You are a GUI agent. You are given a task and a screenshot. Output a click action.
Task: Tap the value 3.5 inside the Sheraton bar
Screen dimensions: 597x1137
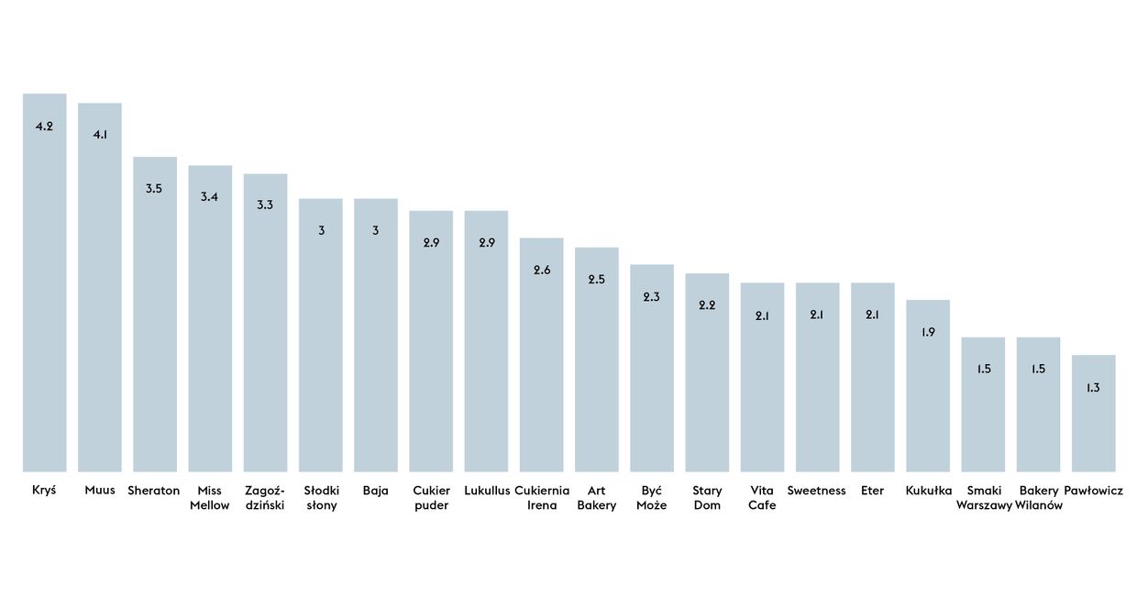tap(154, 189)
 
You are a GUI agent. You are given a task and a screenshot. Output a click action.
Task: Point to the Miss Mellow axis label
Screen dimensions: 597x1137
tap(210, 498)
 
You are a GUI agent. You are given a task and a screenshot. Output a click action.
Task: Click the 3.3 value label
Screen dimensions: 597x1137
tap(265, 205)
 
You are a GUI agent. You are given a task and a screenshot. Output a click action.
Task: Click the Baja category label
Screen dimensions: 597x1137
tap(376, 491)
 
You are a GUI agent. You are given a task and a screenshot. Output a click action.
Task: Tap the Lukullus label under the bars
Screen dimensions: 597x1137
tap(487, 491)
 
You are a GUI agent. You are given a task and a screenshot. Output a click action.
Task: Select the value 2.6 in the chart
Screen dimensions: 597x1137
tap(542, 271)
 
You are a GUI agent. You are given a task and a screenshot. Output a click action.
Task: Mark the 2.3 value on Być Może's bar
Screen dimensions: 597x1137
tap(652, 297)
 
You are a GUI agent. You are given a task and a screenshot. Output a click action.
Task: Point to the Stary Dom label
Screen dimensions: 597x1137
tap(707, 498)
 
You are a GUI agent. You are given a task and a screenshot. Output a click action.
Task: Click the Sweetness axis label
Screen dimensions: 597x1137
tap(816, 491)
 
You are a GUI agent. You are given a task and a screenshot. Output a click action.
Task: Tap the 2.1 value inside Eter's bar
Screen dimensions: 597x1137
tap(873, 315)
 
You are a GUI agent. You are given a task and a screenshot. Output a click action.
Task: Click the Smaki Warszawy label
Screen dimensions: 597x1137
tap(984, 498)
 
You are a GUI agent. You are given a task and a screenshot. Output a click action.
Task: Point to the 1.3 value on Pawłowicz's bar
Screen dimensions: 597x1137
tap(1093, 388)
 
